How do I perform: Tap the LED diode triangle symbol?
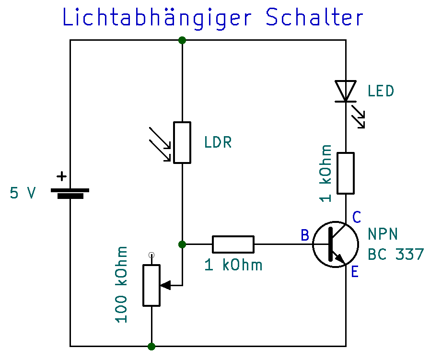[x=345, y=91]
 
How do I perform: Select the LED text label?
[x=381, y=91]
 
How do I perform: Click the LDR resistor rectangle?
[x=182, y=142]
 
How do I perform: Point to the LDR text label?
[x=218, y=142]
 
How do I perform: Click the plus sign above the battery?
[x=61, y=176]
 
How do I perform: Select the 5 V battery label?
[x=23, y=193]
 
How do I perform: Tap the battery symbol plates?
[x=70, y=193]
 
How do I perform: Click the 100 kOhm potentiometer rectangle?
[x=151, y=286]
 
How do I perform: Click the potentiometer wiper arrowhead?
[x=165, y=285]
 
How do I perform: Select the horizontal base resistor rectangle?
[x=233, y=244]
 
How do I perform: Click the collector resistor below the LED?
[x=346, y=173]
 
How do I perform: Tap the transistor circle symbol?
[x=336, y=244]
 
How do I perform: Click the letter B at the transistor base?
[x=305, y=235]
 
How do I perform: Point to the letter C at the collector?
[x=357, y=218]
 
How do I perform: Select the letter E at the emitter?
[x=355, y=272]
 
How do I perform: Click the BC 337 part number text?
[x=396, y=254]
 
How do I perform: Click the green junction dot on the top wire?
[x=182, y=40]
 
